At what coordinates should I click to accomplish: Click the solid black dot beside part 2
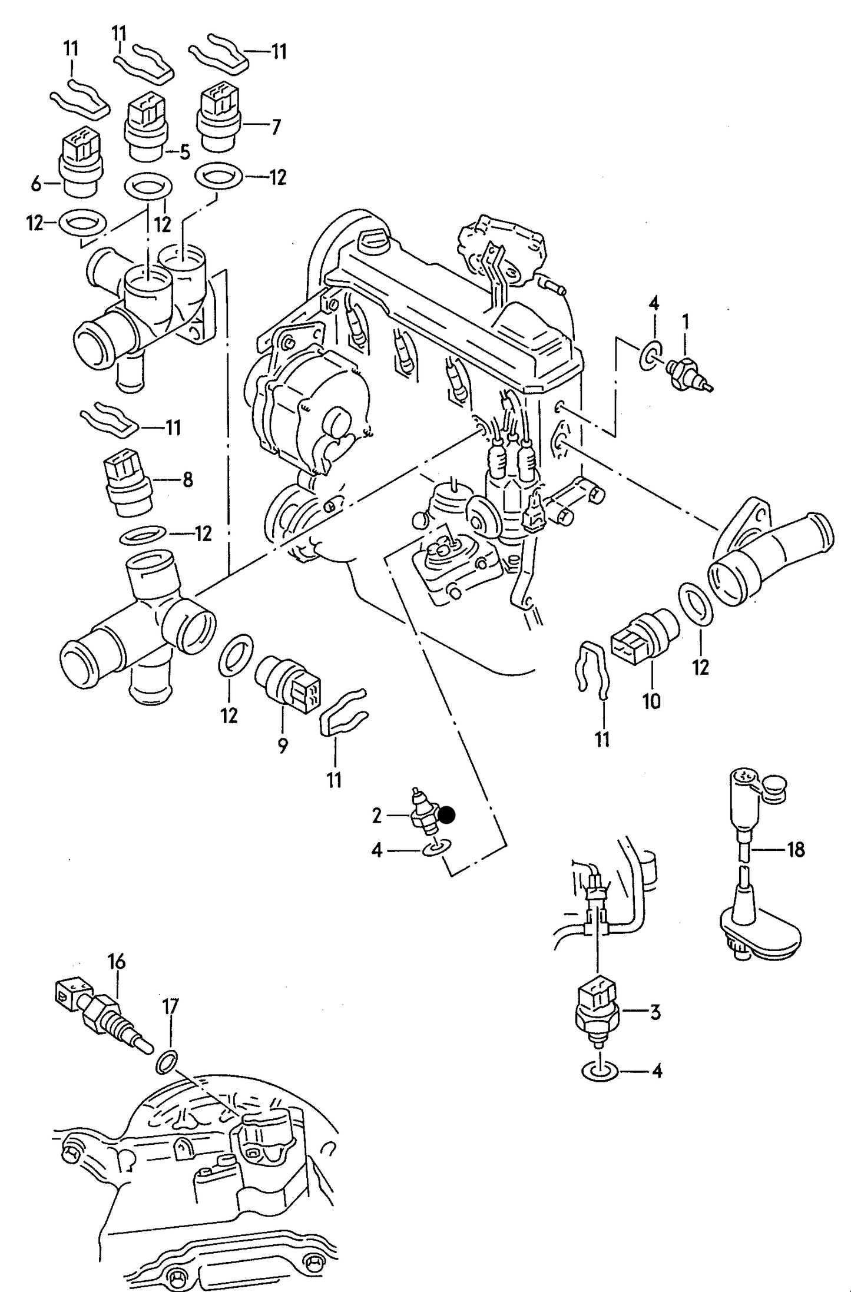tap(447, 814)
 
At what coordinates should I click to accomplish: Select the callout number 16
tap(116, 962)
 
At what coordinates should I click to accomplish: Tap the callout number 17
tap(170, 1006)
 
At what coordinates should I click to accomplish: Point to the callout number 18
tap(795, 850)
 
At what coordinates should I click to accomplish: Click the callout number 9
tap(283, 746)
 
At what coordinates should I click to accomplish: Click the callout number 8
tap(187, 480)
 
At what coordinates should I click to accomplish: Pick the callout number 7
tap(275, 127)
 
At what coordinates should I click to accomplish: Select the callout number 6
tap(37, 184)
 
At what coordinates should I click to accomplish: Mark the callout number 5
tap(184, 153)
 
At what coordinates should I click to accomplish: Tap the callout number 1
tap(685, 322)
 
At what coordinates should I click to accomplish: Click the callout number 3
tap(655, 1012)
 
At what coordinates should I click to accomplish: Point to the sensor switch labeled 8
tap(127, 477)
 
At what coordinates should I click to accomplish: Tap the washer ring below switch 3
tap(599, 1071)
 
